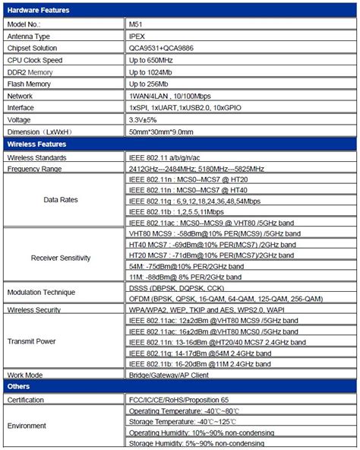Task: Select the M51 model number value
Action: pyautogui.click(x=136, y=24)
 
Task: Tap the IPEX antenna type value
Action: pyautogui.click(x=137, y=36)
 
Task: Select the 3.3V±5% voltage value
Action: pyautogui.click(x=145, y=119)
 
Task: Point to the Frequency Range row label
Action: pyautogui.click(x=34, y=169)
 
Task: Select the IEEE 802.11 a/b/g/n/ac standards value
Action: pyautogui.click(x=169, y=157)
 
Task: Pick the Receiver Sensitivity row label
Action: pyautogui.click(x=61, y=258)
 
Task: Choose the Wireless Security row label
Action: pyautogui.click(x=35, y=310)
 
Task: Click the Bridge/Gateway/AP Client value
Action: pyautogui.click(x=169, y=376)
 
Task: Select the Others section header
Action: pyautogui.click(x=20, y=387)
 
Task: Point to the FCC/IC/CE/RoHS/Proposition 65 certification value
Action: pyautogui.click(x=178, y=399)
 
